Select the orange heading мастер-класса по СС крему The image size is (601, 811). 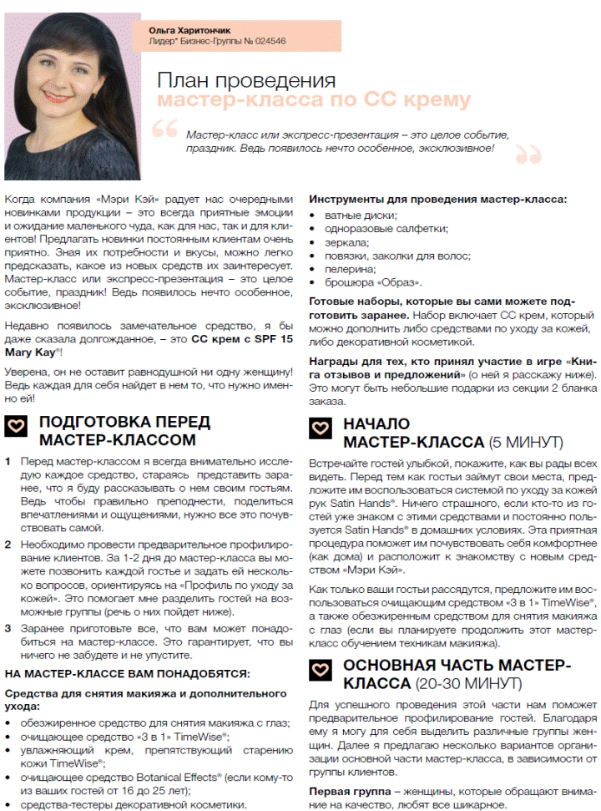(314, 101)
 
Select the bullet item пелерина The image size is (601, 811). (346, 269)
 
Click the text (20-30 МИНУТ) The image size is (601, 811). (468, 684)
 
